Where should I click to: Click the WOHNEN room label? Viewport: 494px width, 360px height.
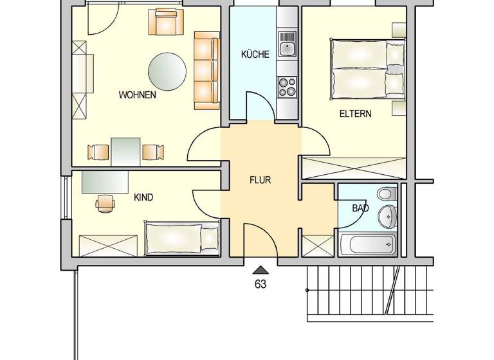pyautogui.click(x=137, y=95)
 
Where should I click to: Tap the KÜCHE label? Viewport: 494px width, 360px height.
pyautogui.click(x=255, y=55)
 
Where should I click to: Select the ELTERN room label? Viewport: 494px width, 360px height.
pyautogui.click(x=356, y=114)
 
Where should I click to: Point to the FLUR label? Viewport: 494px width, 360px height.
pyautogui.click(x=261, y=180)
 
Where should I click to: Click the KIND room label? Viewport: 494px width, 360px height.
pyautogui.click(x=143, y=197)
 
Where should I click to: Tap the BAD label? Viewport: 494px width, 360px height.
pyautogui.click(x=360, y=208)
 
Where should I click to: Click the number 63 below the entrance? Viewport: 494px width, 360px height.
pyautogui.click(x=261, y=283)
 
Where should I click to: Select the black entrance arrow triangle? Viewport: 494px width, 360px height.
pyautogui.click(x=261, y=270)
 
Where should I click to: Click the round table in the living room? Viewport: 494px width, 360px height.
pyautogui.click(x=168, y=71)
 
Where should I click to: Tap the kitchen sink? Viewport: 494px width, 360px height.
pyautogui.click(x=286, y=46)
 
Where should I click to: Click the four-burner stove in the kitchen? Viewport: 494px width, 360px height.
pyautogui.click(x=286, y=85)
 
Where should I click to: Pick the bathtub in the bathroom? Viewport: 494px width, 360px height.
pyautogui.click(x=367, y=244)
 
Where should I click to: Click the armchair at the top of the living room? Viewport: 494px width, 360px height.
pyautogui.click(x=167, y=23)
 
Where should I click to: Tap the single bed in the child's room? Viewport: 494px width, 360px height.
pyautogui.click(x=181, y=238)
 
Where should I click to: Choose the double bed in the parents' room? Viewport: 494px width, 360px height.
pyautogui.click(x=367, y=70)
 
